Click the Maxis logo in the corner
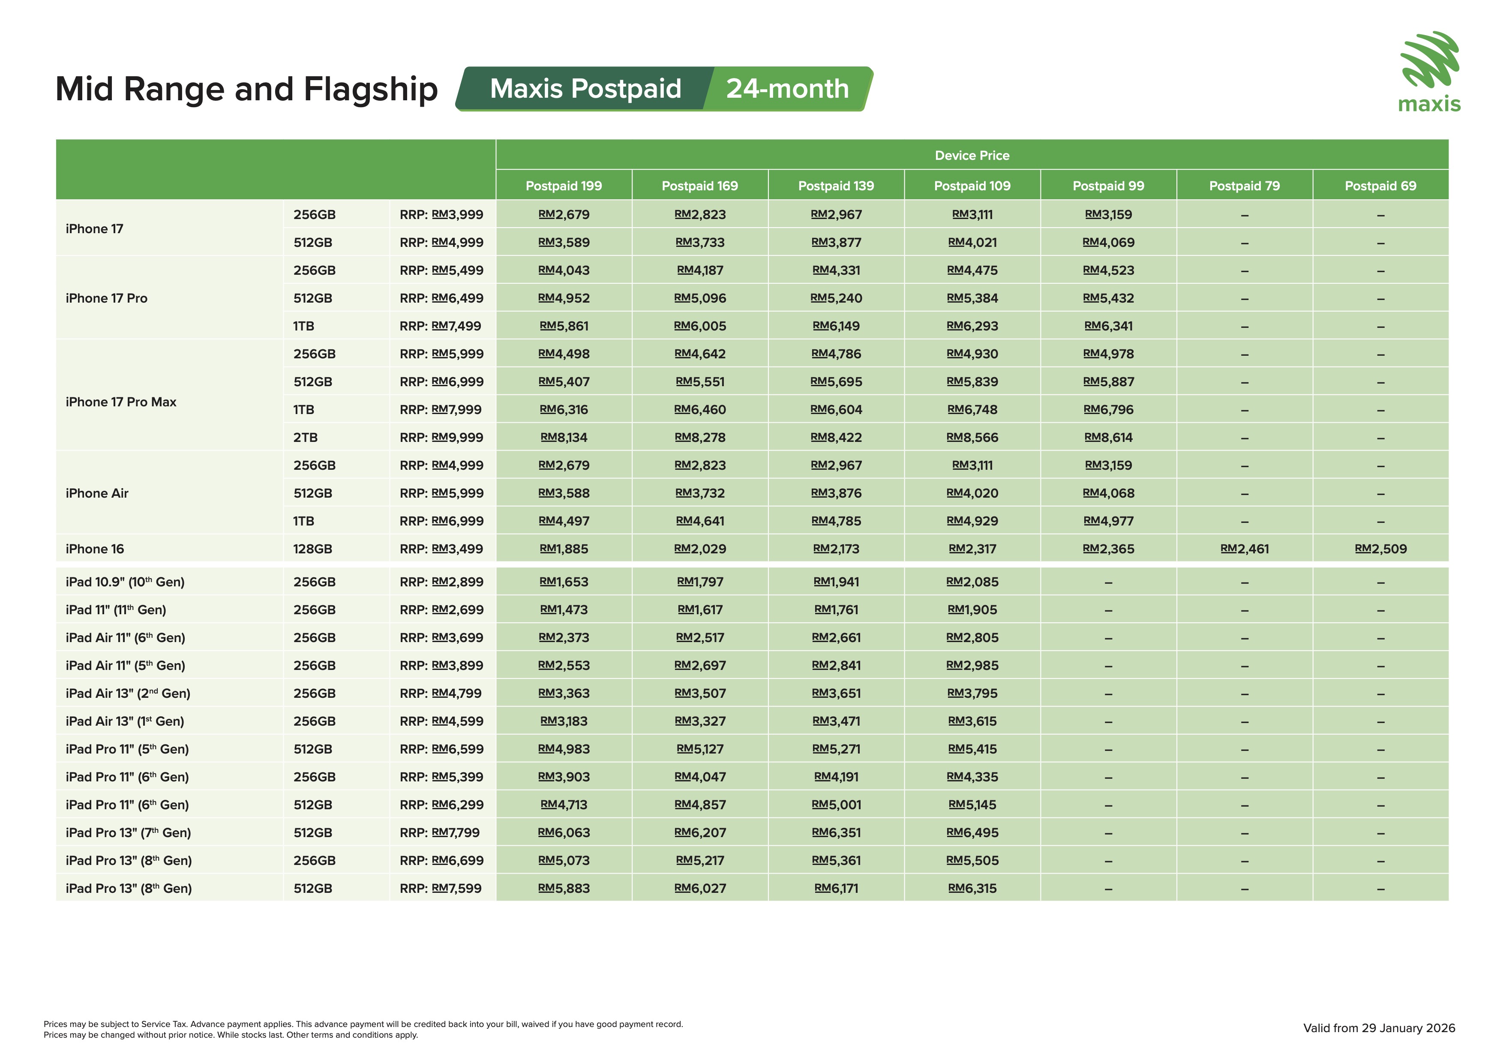1429,72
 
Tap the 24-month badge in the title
788,89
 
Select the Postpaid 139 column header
836,186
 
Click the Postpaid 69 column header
1380,186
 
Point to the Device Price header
972,156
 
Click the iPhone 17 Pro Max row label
121,402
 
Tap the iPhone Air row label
97,493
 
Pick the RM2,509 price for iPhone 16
1380,549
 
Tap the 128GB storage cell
313,549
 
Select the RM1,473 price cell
564,610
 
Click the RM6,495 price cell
972,832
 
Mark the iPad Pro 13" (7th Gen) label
128,832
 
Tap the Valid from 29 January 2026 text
1379,1028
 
